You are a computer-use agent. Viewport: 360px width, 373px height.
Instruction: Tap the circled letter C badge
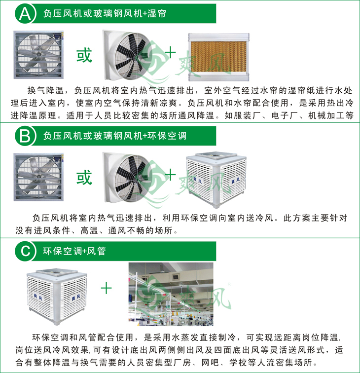pyautogui.click(x=24, y=251)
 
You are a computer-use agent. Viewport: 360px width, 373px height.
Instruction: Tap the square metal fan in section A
pyautogui.click(x=38, y=55)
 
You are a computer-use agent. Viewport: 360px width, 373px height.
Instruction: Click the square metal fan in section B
pyautogui.click(x=38, y=177)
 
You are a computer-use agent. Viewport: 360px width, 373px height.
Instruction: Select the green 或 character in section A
pyautogui.click(x=84, y=55)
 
